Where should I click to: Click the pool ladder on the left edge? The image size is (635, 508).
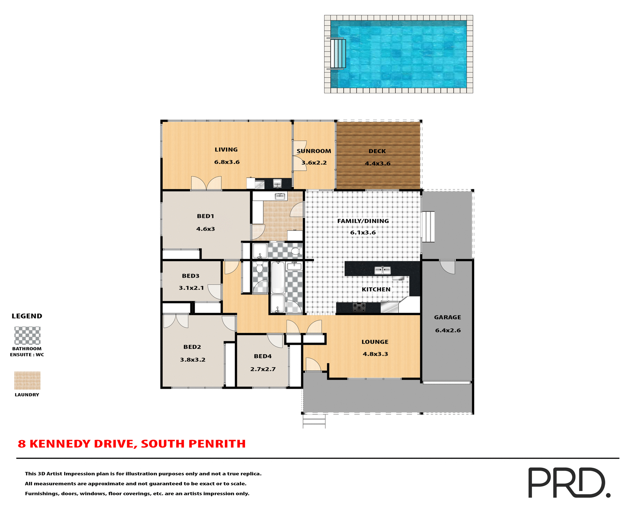(338, 54)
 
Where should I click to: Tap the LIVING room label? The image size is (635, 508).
(226, 150)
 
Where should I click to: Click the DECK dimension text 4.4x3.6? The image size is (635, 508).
(377, 164)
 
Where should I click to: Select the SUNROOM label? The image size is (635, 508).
(314, 151)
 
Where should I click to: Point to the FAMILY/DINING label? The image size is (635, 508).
(363, 221)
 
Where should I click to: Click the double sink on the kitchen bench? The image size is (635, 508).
(383, 271)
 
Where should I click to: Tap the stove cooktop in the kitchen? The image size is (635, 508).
(359, 308)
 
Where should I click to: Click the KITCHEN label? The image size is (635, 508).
(376, 290)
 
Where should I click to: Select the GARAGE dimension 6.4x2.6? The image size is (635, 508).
(448, 330)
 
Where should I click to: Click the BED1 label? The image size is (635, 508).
(205, 216)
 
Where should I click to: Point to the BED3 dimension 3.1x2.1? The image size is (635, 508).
(191, 288)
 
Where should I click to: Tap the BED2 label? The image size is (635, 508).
(192, 347)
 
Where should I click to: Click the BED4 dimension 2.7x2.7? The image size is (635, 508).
(263, 369)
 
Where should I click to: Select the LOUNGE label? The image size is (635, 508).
(375, 342)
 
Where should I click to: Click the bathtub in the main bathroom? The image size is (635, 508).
(278, 278)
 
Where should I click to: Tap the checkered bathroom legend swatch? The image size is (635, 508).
(27, 336)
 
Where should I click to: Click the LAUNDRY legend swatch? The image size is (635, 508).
(27, 381)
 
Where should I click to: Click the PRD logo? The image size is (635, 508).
(569, 483)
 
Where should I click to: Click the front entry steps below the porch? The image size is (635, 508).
(314, 421)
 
